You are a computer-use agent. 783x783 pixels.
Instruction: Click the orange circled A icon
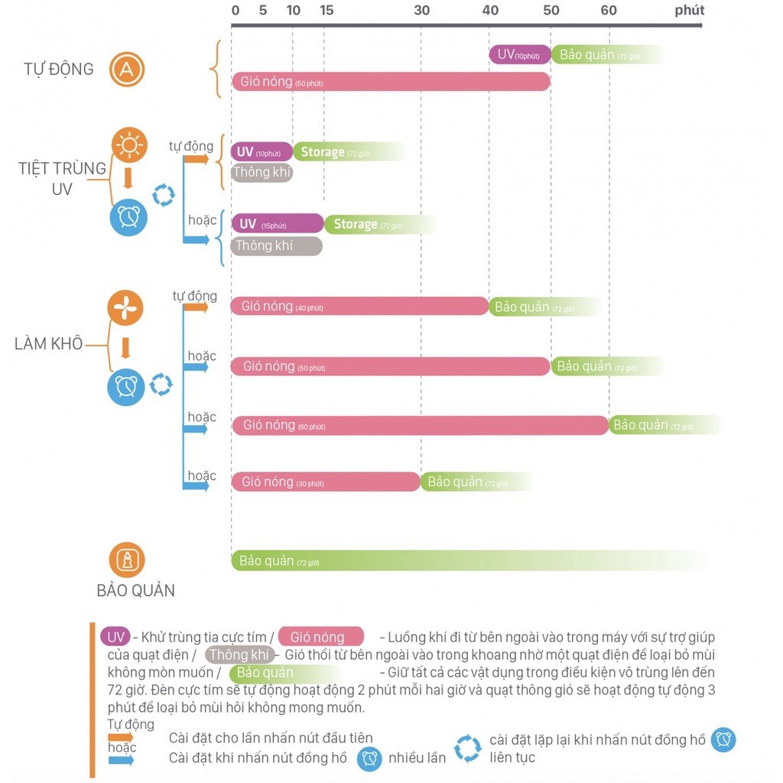[x=127, y=70]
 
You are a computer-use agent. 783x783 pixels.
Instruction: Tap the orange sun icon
[x=129, y=145]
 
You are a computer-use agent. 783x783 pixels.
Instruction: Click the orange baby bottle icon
[x=127, y=560]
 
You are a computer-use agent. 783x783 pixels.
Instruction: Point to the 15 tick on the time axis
[x=327, y=11]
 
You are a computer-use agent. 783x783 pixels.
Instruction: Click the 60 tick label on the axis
[x=609, y=11]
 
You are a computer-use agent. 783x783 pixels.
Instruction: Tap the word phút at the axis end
[x=690, y=11]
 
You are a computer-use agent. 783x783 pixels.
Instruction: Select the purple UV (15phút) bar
[x=278, y=224]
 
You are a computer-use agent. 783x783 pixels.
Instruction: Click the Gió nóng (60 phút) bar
[x=420, y=425]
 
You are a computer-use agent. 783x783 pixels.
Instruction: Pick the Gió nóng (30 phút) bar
[x=326, y=482]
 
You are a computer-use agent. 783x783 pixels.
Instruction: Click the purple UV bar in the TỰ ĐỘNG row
[x=520, y=54]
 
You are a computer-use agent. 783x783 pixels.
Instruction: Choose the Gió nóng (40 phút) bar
[x=359, y=307]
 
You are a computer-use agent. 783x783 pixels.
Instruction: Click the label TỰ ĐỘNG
[x=59, y=70]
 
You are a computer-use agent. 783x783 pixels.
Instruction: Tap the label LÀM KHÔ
[x=48, y=343]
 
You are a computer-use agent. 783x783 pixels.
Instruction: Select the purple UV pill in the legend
[x=115, y=637]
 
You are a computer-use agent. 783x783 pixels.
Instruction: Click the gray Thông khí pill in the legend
[x=240, y=655]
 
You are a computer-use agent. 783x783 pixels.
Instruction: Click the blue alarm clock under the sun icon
[x=128, y=217]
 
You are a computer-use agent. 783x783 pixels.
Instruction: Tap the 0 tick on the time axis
[x=235, y=11]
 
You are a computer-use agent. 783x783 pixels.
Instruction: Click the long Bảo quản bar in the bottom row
[x=466, y=560]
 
